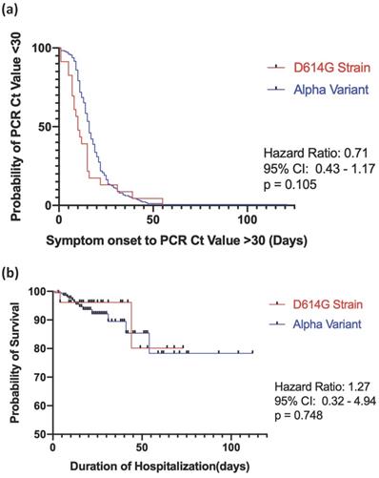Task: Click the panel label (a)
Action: [10, 10]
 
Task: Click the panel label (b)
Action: [10, 273]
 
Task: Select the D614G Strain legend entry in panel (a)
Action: [318, 68]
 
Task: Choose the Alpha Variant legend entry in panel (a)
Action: [318, 89]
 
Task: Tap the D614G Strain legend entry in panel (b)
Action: [315, 304]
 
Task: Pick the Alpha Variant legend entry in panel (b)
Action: [315, 324]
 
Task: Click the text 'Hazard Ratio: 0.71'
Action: [315, 154]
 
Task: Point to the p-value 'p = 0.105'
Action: [289, 184]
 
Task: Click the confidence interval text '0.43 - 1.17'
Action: [345, 169]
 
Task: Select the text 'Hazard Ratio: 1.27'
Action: [322, 387]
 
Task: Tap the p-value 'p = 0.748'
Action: [298, 415]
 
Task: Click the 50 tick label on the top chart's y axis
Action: [45, 127]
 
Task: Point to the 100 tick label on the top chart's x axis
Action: [248, 219]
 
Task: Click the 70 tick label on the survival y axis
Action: [40, 377]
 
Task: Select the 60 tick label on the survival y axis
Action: [40, 405]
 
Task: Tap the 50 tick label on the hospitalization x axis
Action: [142, 447]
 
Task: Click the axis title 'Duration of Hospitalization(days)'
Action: [160, 467]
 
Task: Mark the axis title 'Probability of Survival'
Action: [14, 363]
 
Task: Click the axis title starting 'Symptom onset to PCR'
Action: [176, 240]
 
